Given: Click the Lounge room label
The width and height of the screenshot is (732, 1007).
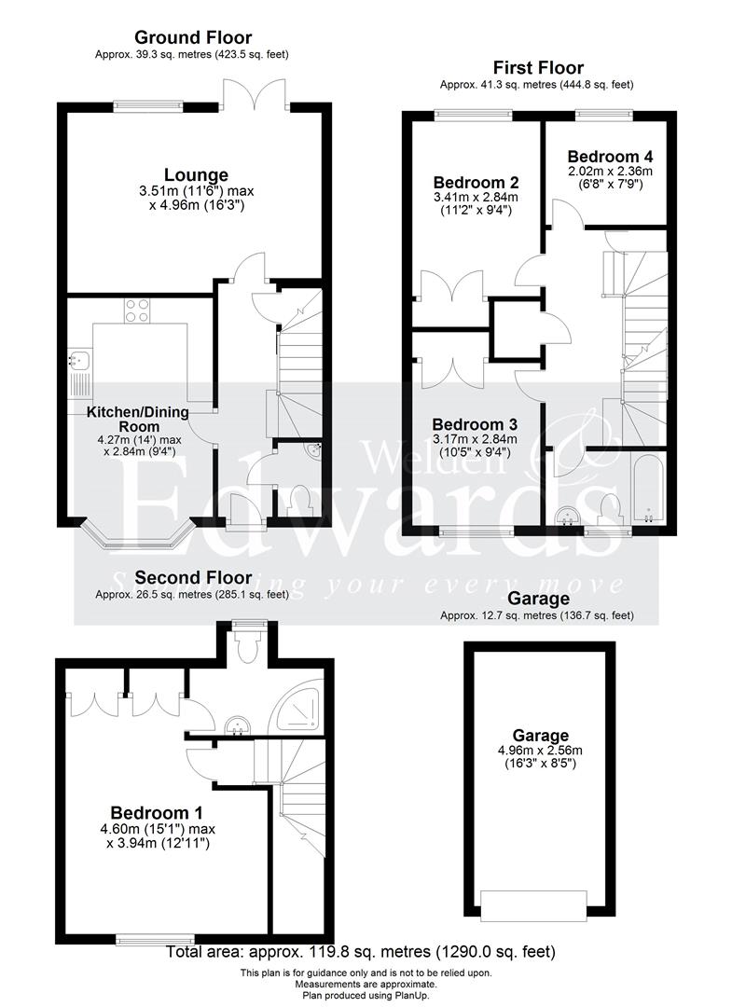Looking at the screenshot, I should click(x=196, y=174).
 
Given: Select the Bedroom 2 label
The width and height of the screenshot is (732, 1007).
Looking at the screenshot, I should click(x=476, y=182).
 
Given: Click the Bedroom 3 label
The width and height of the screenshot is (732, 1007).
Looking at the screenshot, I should click(x=476, y=423).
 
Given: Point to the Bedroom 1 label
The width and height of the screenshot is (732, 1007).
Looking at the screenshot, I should click(x=157, y=812).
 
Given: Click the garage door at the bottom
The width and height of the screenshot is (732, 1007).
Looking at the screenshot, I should click(x=533, y=903).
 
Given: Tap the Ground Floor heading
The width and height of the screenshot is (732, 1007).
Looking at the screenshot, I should click(x=193, y=38).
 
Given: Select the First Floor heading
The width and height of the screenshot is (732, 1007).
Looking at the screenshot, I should click(x=539, y=68).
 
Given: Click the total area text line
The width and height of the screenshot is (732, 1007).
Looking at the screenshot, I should click(x=361, y=952).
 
